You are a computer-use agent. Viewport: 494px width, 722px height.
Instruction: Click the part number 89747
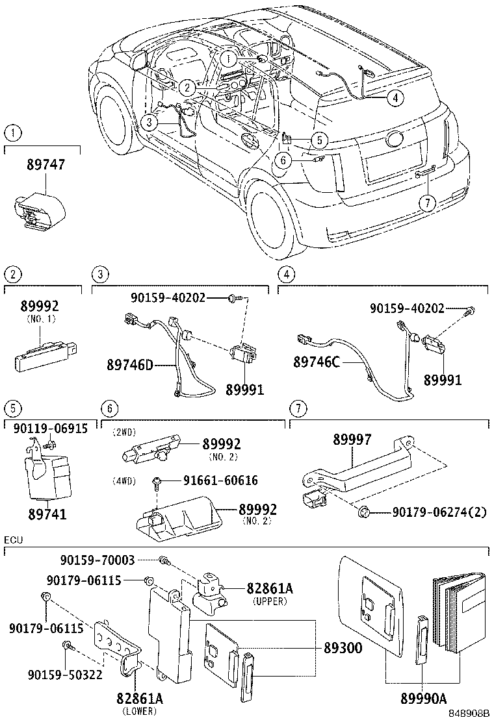(45, 166)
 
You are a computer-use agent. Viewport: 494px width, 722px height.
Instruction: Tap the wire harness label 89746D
(129, 365)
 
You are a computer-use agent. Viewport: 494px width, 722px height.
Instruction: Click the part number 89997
(352, 440)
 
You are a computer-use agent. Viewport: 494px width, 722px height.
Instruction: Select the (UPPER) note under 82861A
(269, 601)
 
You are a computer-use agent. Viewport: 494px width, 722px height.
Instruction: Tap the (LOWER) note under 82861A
(140, 710)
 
